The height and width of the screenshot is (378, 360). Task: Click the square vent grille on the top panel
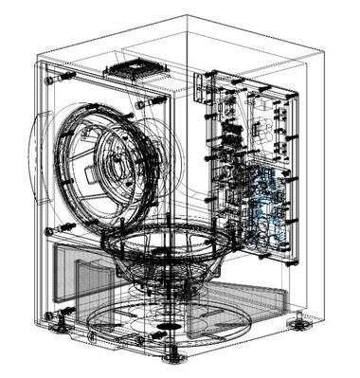point(132,69)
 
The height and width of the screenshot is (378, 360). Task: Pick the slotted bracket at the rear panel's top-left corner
point(200,85)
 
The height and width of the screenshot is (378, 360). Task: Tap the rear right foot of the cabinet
point(299,323)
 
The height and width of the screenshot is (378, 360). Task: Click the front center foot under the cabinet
point(172,358)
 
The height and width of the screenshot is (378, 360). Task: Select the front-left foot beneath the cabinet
point(63,328)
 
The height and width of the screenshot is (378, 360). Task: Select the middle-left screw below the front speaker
point(67,227)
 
